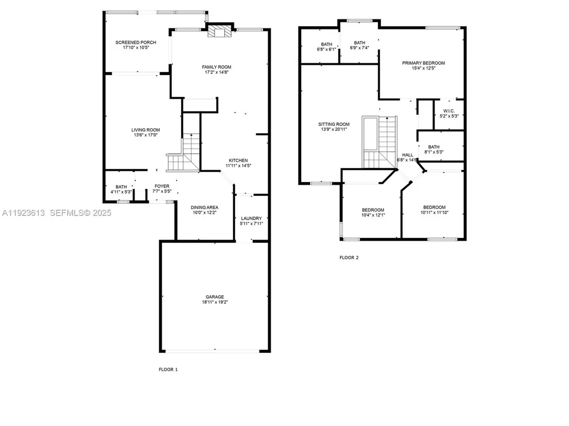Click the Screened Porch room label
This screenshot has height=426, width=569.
[x=136, y=43]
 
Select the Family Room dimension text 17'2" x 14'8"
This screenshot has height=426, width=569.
[x=216, y=72]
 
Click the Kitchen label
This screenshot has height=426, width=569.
[x=237, y=160]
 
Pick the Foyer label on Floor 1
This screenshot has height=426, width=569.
[x=162, y=186]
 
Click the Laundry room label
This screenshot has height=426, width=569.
[x=251, y=219]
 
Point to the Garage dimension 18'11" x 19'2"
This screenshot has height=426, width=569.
[x=214, y=302]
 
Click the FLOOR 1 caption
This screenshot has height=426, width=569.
[x=168, y=369]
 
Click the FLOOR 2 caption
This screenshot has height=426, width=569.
[x=349, y=257]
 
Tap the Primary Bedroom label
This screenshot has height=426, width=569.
[x=423, y=63]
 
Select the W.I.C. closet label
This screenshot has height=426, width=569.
[x=449, y=110]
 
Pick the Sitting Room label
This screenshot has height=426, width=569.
[x=334, y=124]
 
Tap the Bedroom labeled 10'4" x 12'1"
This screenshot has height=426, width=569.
[x=373, y=210]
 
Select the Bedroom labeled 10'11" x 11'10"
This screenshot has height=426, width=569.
[x=434, y=207]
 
